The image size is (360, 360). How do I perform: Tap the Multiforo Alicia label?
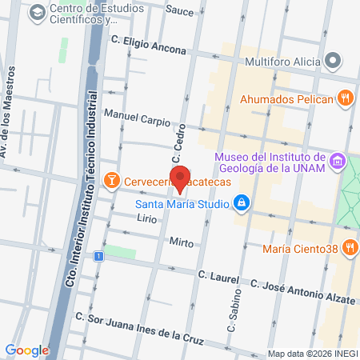point(283,61)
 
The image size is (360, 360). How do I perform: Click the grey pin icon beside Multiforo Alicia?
point(334,61)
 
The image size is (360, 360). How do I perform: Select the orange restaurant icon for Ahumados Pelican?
point(346,98)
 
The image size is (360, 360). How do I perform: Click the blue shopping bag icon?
point(240,202)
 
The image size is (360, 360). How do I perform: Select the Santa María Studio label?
point(179,202)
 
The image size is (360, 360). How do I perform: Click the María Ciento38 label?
point(301,248)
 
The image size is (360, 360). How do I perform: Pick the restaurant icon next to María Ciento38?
point(349,248)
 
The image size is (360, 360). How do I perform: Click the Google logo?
point(27,350)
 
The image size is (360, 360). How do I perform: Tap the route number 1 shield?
point(98,256)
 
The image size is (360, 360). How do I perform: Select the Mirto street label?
point(182,242)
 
